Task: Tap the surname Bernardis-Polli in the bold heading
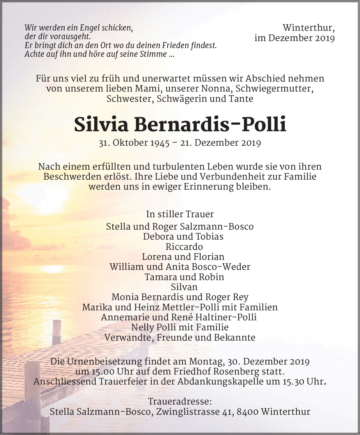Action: coord(210,124)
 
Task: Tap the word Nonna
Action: coord(219,89)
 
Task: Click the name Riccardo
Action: coord(184,247)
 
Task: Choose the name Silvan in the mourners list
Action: coord(184,287)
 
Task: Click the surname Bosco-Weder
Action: coord(221,267)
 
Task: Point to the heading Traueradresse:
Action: coord(180,402)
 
